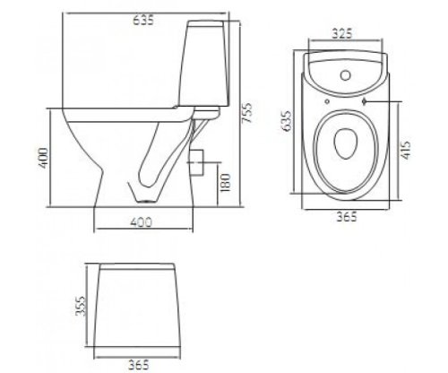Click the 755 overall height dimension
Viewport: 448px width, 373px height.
click(247, 113)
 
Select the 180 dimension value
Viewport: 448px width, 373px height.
click(225, 183)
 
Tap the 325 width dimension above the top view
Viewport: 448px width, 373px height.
click(342, 33)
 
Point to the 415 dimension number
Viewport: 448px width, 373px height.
click(406, 149)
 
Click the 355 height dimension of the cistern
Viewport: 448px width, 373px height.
click(80, 306)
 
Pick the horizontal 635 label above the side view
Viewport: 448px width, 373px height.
click(143, 21)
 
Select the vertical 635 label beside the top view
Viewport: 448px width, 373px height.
click(287, 121)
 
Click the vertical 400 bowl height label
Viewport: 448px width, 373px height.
click(43, 158)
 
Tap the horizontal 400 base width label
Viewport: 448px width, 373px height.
click(142, 222)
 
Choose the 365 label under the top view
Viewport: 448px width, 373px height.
click(347, 216)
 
